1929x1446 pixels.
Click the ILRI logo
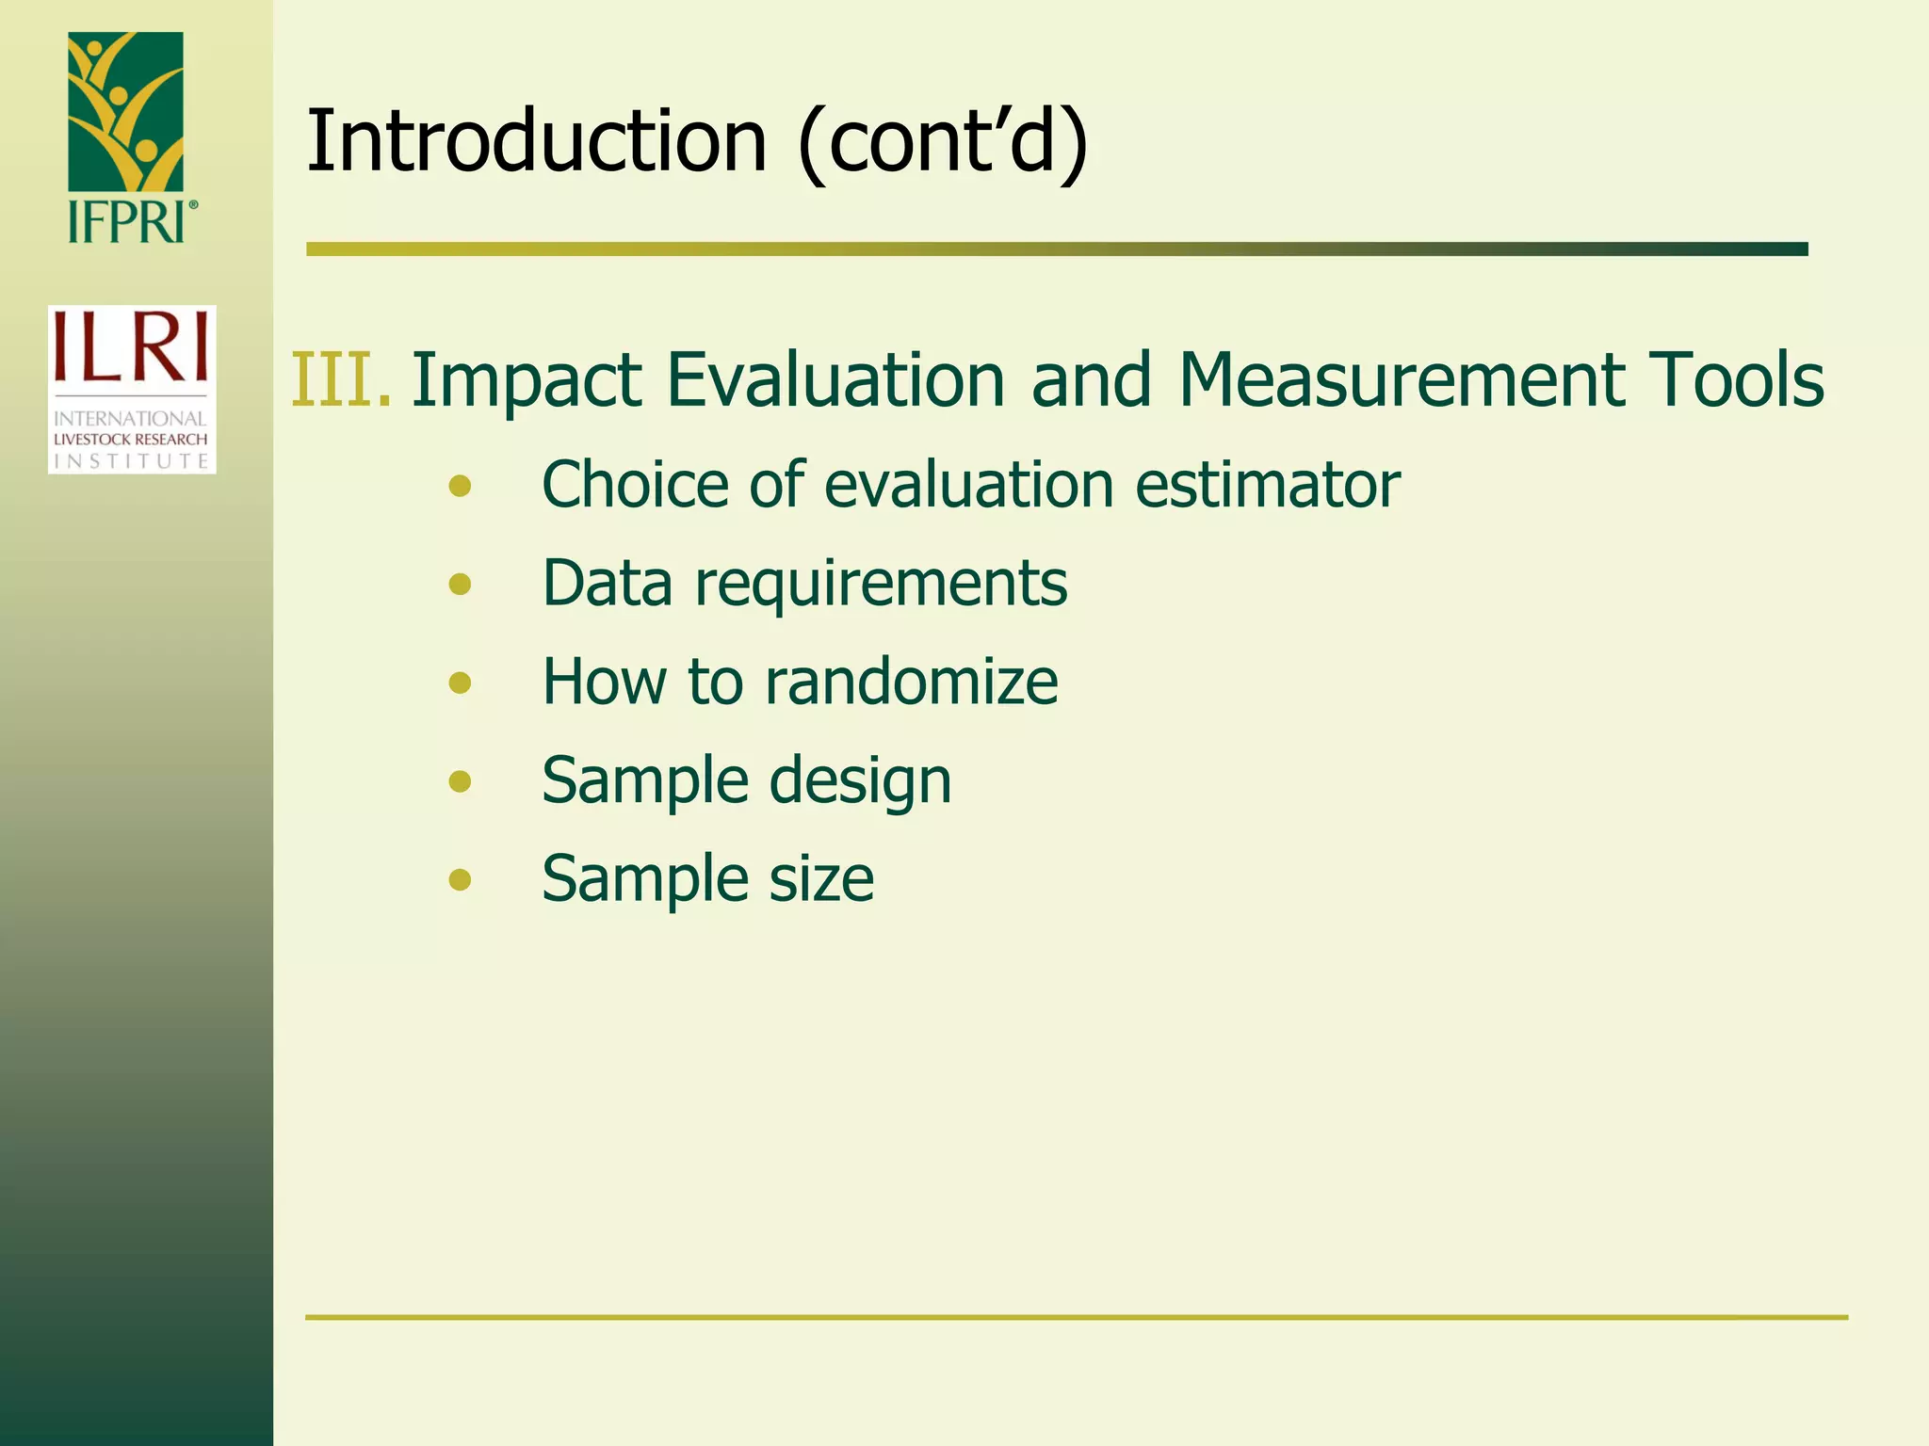tap(132, 389)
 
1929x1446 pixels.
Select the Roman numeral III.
tap(340, 380)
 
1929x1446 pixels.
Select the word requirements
tap(881, 585)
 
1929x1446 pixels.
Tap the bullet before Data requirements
tap(460, 585)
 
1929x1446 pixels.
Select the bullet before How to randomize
tap(460, 683)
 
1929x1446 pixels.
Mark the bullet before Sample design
tap(460, 781)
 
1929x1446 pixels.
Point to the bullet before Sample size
tap(460, 879)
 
